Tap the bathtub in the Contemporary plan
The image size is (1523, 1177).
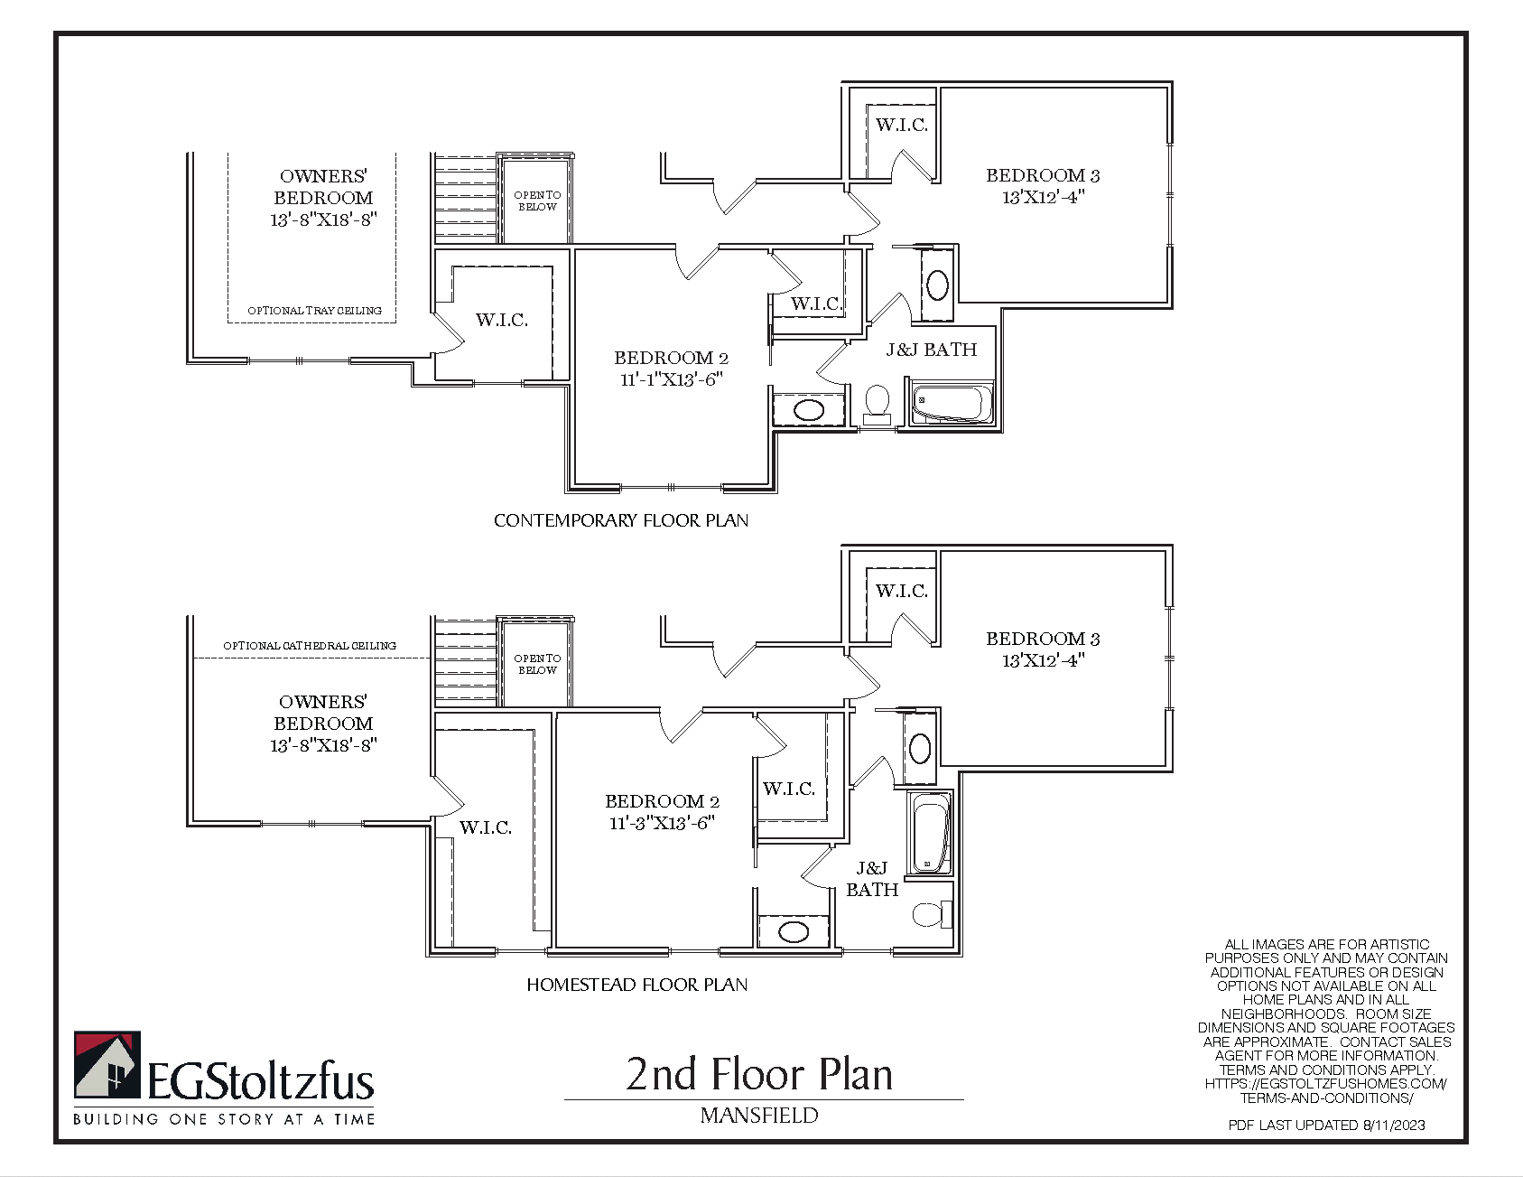[952, 404]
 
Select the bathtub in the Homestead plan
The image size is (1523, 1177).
[929, 834]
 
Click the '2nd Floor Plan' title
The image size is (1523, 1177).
[759, 1074]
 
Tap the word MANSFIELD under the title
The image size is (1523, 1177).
[759, 1116]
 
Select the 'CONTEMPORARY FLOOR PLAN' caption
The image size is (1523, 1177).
[621, 520]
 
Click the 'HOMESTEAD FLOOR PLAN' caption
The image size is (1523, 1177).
[637, 985]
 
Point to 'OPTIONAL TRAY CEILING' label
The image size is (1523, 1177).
[315, 311]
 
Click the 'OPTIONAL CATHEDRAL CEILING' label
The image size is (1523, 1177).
[310, 646]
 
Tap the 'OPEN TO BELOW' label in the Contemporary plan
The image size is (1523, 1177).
[537, 201]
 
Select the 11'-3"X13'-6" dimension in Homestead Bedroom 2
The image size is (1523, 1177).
[662, 823]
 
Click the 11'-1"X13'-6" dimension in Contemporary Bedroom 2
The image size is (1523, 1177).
[671, 379]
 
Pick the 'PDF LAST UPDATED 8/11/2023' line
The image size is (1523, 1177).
[1326, 1125]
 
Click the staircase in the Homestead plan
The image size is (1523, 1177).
[466, 661]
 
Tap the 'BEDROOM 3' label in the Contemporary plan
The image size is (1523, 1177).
[1043, 175]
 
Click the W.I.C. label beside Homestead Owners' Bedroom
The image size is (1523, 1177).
[486, 827]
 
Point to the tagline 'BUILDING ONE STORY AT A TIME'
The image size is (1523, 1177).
[224, 1119]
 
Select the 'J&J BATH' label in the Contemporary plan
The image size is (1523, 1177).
[932, 350]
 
